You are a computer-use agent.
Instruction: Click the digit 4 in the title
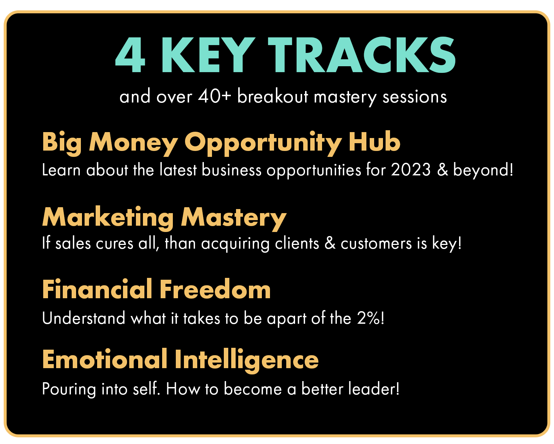[130, 54]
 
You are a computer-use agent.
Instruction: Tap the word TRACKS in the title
[362, 54]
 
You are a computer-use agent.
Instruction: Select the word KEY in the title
[208, 54]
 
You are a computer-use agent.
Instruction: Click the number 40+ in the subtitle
[215, 96]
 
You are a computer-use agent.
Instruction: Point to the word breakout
[273, 96]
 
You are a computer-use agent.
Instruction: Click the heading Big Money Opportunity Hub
[221, 143]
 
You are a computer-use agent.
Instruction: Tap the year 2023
[411, 170]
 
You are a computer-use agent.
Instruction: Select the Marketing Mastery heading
[164, 218]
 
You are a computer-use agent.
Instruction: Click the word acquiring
[235, 244]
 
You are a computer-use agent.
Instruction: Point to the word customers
[376, 244]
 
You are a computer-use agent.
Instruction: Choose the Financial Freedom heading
[156, 289]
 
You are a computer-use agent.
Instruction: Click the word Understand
[84, 318]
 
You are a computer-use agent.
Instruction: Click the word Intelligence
[247, 360]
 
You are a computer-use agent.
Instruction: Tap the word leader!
[374, 388]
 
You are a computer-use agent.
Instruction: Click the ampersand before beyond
[442, 170]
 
